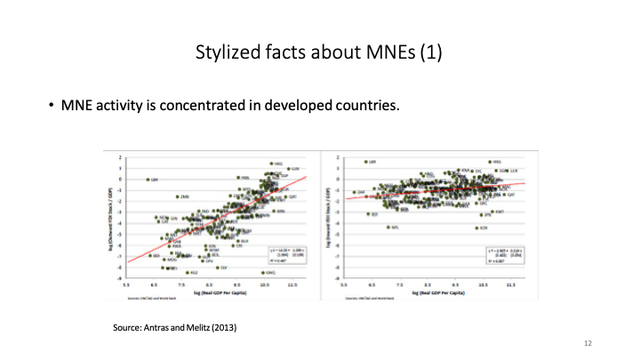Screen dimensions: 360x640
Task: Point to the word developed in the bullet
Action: click(298, 107)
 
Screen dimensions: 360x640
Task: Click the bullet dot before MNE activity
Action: click(52, 107)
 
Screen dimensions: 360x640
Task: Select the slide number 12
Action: click(588, 342)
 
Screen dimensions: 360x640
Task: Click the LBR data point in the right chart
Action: click(364, 163)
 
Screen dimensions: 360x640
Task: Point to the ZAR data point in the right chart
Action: click(354, 192)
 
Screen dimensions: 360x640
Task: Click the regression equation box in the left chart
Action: click(287, 254)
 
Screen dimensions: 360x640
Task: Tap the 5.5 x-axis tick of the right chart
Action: click(343, 285)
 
